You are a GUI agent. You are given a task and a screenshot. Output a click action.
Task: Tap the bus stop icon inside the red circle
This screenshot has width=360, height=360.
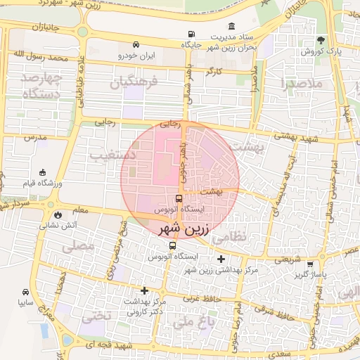179,199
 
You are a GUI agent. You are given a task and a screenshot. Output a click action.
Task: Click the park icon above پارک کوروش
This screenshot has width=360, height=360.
321,40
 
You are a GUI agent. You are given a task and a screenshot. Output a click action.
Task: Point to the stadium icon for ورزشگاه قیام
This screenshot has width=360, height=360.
44,172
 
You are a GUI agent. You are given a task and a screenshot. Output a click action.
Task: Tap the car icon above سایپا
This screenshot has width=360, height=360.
25,291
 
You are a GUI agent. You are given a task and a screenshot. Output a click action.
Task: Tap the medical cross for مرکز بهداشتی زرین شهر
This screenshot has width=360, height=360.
221,259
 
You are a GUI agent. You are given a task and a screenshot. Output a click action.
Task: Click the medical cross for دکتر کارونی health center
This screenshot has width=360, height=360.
144,290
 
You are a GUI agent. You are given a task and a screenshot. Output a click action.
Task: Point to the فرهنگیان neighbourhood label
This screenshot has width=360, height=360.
130,84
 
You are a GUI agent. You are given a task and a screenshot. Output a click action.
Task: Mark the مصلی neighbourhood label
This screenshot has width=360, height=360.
77,247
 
